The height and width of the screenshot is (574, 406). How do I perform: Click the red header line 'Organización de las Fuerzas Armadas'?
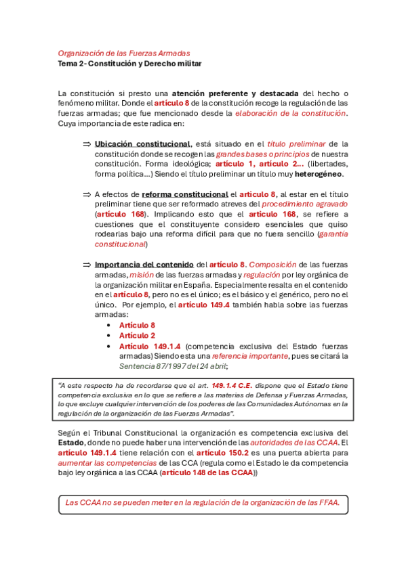pos(123,53)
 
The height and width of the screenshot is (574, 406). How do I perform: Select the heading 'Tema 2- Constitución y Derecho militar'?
pos(129,64)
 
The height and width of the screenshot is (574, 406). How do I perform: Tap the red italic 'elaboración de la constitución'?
pos(290,113)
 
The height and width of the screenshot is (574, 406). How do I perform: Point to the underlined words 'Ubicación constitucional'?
pos(142,143)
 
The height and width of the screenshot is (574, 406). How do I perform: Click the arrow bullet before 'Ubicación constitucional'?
pos(86,143)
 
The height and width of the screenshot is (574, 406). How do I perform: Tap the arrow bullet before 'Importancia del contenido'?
pos(86,264)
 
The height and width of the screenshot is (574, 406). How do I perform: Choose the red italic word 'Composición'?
pos(272,264)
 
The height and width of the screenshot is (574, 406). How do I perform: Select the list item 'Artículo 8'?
pos(137,325)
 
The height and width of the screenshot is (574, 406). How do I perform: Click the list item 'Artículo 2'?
pos(137,335)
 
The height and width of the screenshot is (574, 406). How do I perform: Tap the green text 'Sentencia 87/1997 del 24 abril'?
pos(173,366)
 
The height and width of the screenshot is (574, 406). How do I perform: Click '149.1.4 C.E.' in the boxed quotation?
pos(232,385)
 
